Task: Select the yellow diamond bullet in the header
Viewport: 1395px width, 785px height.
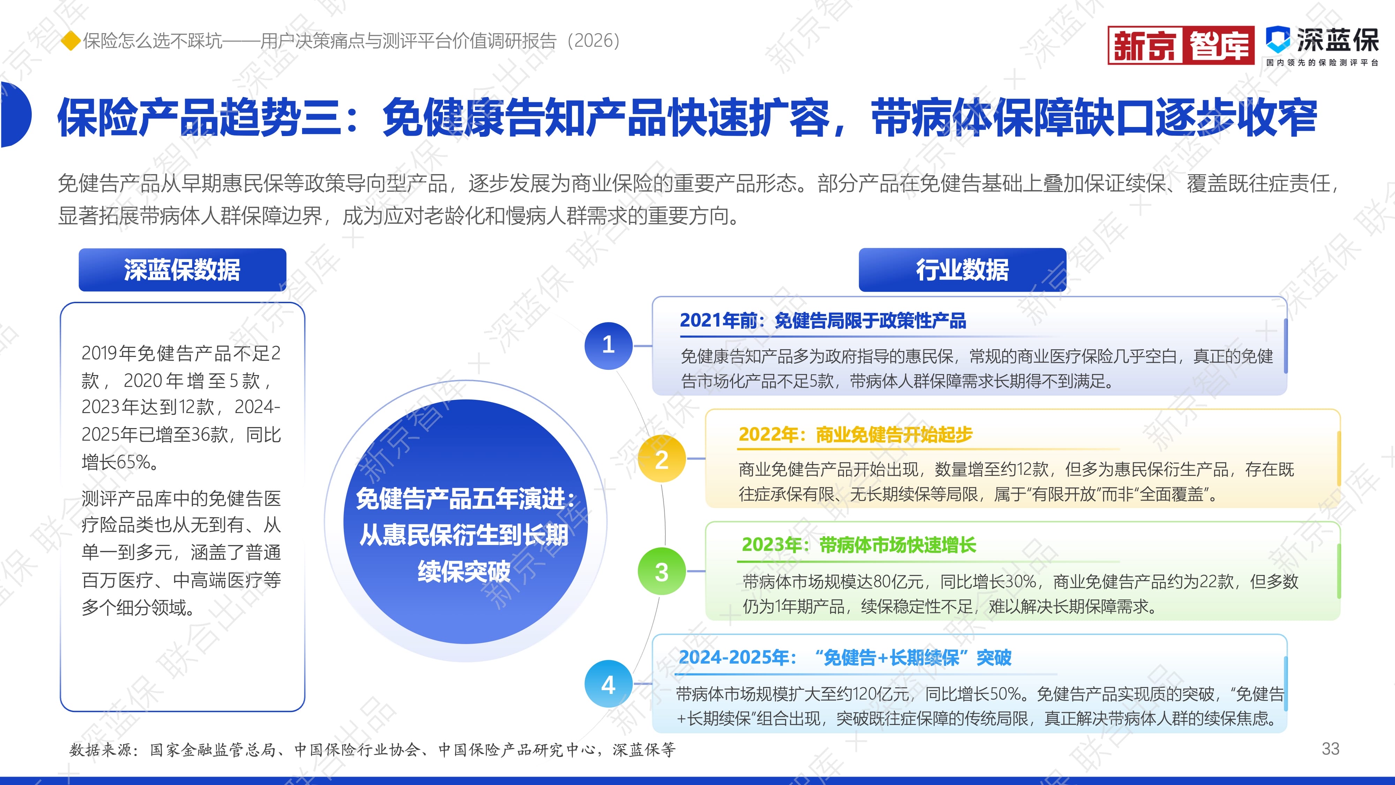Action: point(70,40)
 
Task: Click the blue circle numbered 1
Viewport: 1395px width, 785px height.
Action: point(608,345)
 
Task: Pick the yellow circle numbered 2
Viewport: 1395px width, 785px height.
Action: point(662,459)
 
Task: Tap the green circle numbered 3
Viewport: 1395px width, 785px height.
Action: point(662,571)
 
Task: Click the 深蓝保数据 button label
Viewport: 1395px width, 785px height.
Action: point(182,270)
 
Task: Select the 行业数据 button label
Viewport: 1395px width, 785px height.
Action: point(962,270)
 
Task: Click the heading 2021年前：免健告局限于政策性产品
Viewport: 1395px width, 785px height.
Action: point(823,321)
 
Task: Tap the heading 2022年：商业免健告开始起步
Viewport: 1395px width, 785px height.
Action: point(855,434)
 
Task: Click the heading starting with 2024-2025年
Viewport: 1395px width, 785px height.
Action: point(845,658)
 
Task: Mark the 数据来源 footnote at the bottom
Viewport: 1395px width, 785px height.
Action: point(372,750)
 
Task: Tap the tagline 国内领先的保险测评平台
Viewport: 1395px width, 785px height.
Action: point(1322,63)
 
